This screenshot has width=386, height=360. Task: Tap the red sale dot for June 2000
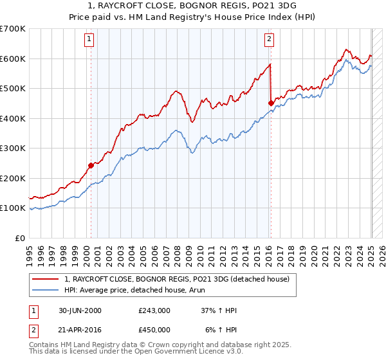(x=91, y=165)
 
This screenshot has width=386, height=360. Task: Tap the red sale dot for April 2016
(x=271, y=102)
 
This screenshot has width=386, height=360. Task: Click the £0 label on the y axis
(x=21, y=238)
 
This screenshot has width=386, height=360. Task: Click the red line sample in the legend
(x=46, y=279)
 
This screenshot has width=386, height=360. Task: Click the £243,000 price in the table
(x=154, y=310)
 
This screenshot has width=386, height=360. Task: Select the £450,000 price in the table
(x=154, y=330)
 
